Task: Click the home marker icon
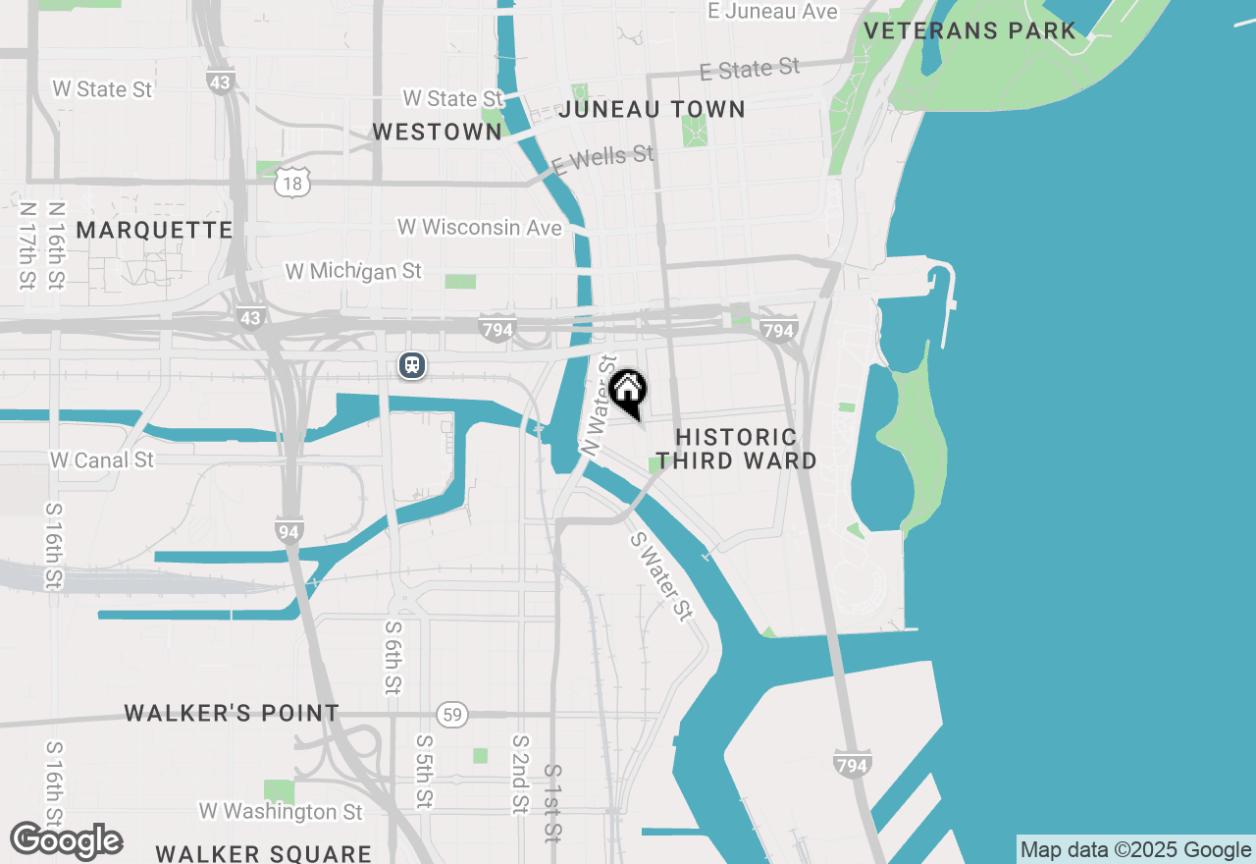tap(628, 391)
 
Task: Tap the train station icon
tap(412, 365)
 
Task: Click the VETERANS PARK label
tap(969, 30)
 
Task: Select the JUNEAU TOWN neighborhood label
tap(652, 109)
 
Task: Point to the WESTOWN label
tap(437, 132)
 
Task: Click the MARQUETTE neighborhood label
tap(154, 230)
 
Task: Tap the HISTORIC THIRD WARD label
tap(737, 449)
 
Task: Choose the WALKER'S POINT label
tap(232, 713)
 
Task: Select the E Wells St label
tap(602, 159)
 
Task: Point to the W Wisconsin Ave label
tap(480, 228)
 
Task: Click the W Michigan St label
tap(353, 270)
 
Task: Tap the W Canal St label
tap(102, 459)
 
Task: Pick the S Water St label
tap(660, 576)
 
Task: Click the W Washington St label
tap(281, 811)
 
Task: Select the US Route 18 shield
tap(293, 182)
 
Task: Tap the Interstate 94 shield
tap(288, 531)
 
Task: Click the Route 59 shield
tap(451, 715)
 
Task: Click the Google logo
tap(66, 841)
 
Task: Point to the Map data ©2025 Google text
tap(1134, 850)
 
